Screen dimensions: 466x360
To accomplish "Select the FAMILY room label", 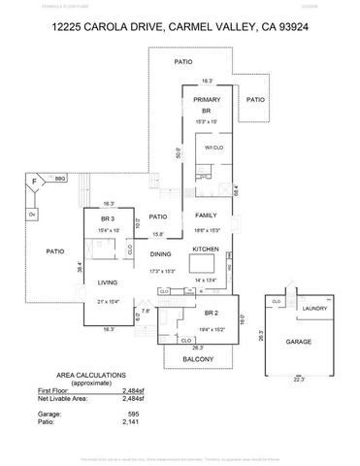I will [x=206, y=215].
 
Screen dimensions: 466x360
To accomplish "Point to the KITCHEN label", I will [x=205, y=250].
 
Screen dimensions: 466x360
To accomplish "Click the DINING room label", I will [x=160, y=255].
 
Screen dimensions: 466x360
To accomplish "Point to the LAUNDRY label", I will [x=314, y=309].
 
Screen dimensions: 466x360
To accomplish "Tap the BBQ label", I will [x=59, y=178].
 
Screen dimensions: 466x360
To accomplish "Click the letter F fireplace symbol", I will [x=35, y=181].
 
